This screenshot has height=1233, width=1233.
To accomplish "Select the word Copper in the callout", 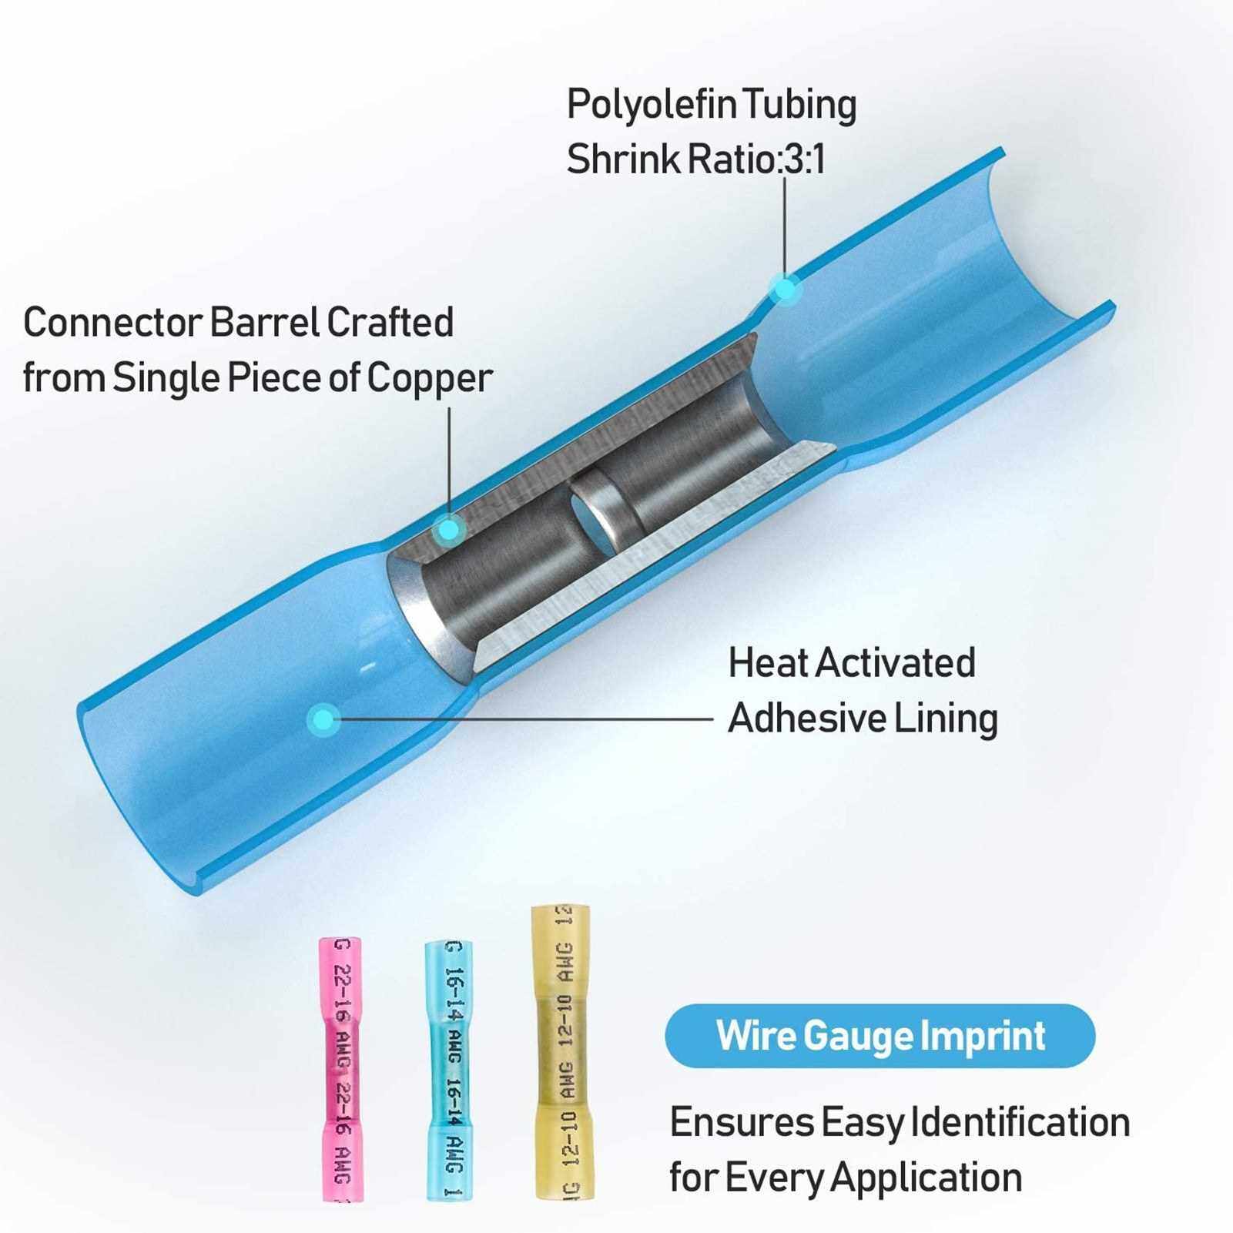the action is click(429, 378).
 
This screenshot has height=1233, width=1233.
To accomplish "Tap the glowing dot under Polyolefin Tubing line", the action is click(785, 290).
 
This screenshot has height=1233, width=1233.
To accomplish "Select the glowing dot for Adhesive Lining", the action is click(323, 720).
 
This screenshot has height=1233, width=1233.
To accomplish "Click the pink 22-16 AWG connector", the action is click(340, 1069).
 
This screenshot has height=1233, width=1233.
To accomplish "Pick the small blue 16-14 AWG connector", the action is click(449, 1070).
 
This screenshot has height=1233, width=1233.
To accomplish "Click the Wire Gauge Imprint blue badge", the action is click(880, 1036).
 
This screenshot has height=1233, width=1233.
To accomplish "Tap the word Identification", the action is click(1020, 1122).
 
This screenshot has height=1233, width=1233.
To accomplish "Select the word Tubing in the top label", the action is click(811, 106).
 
